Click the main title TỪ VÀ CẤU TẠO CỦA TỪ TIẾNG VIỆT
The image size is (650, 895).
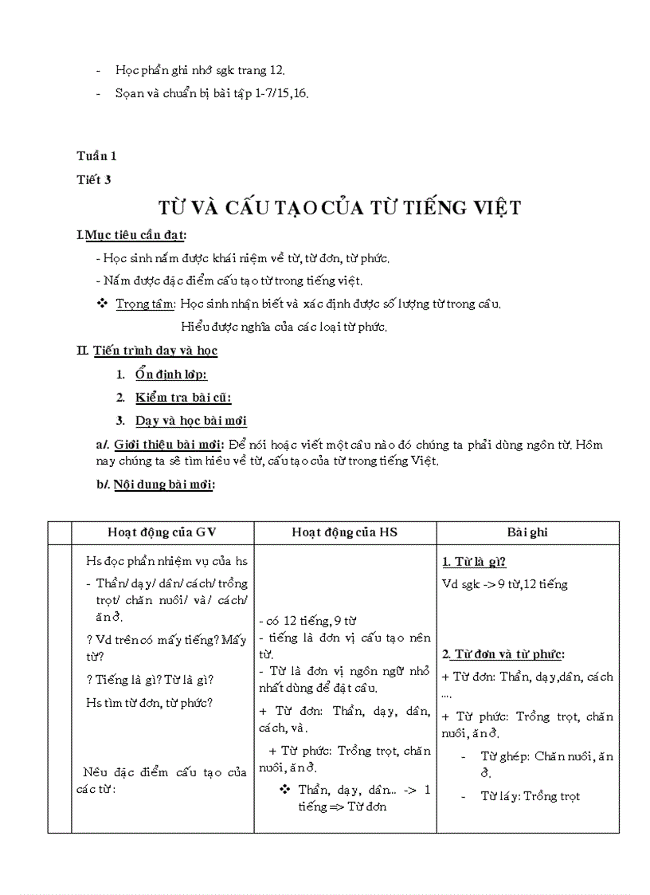point(339,209)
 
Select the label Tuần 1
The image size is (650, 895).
point(96,156)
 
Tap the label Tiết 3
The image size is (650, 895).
point(94,179)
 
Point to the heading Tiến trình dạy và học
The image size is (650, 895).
point(155,350)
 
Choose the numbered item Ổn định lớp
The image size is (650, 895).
point(171,375)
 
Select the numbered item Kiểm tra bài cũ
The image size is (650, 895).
point(183,398)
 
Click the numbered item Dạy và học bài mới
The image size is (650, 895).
point(190,421)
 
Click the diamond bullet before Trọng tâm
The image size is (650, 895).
point(101,304)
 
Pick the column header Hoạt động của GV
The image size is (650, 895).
point(162,532)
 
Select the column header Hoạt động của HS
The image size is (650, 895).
point(344,532)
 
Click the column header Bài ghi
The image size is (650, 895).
point(527,532)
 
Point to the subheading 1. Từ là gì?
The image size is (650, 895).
point(474,561)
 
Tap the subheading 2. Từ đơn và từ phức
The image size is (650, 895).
point(503,654)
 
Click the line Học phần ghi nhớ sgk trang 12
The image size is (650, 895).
point(200,70)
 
